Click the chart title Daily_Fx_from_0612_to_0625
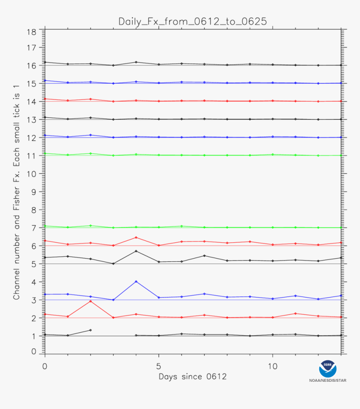[x=193, y=21]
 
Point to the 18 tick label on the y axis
[x=31, y=32]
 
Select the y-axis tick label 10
[x=31, y=173]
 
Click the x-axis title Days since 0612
[x=193, y=377]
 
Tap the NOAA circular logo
[x=328, y=369]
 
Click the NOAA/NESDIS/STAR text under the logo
[x=328, y=381]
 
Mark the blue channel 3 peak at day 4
[x=136, y=281]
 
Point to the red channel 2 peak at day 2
[x=90, y=301]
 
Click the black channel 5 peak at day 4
[x=136, y=251]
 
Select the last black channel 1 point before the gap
[x=90, y=330]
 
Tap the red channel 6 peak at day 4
[x=136, y=237]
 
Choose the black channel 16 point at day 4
[x=136, y=62]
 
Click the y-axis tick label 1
[x=33, y=336]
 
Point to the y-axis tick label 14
[x=31, y=101]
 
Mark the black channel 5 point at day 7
[x=204, y=256]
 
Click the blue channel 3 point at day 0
[x=45, y=294]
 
